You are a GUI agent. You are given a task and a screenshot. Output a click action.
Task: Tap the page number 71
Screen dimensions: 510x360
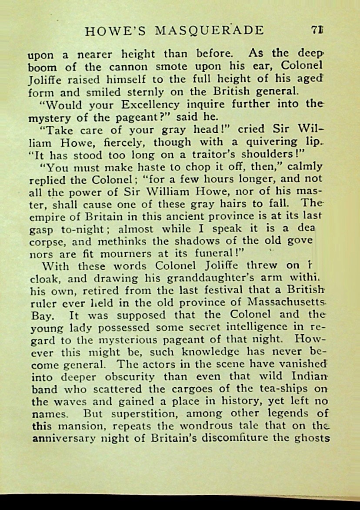click(x=319, y=30)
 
